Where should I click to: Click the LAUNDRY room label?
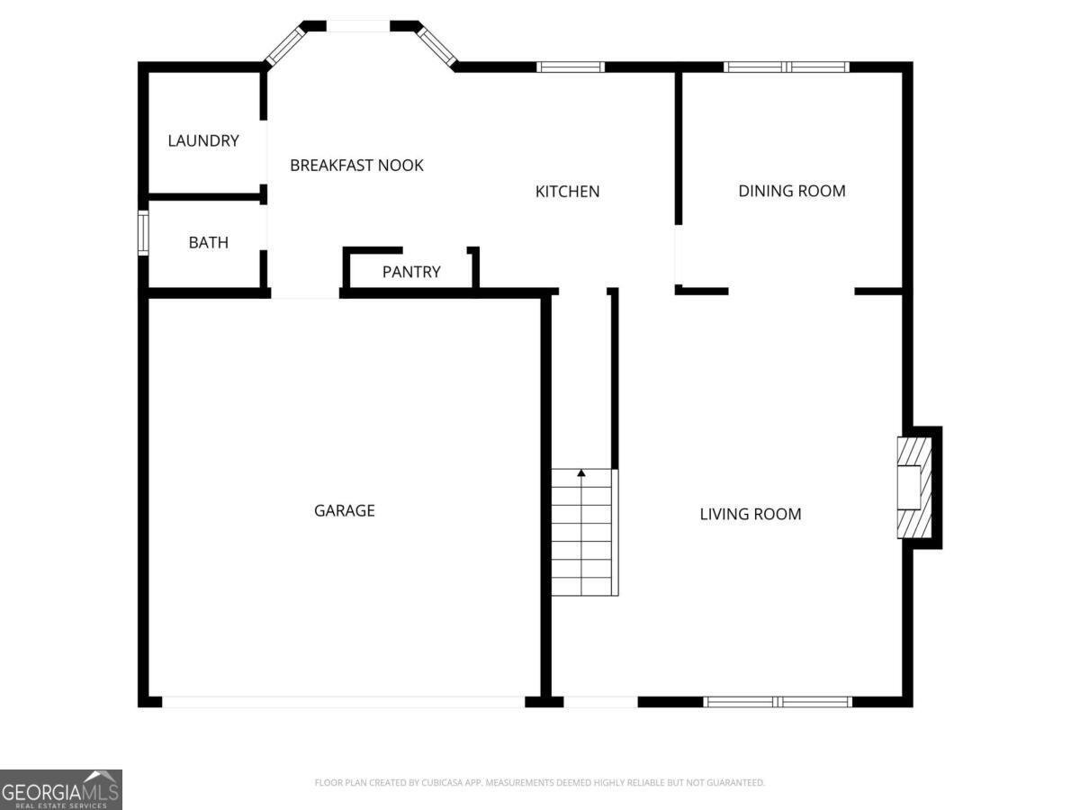(x=203, y=140)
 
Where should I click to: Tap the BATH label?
(x=208, y=242)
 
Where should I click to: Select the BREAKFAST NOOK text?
(x=356, y=166)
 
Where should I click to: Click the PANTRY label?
(x=411, y=272)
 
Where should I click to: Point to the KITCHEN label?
(x=567, y=191)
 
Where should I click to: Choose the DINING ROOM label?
(x=791, y=191)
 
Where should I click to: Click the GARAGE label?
(x=344, y=510)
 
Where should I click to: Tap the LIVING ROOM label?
(x=750, y=514)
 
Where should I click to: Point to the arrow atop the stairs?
(x=581, y=472)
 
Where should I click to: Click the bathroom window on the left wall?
(x=143, y=232)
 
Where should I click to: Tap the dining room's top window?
(x=786, y=67)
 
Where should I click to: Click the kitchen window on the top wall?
(x=571, y=67)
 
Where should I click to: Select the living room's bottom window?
(x=778, y=701)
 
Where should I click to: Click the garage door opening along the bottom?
(x=343, y=701)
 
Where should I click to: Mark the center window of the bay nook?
(x=357, y=26)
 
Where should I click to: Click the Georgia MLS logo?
(x=60, y=788)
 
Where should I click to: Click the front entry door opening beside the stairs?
(x=600, y=701)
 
